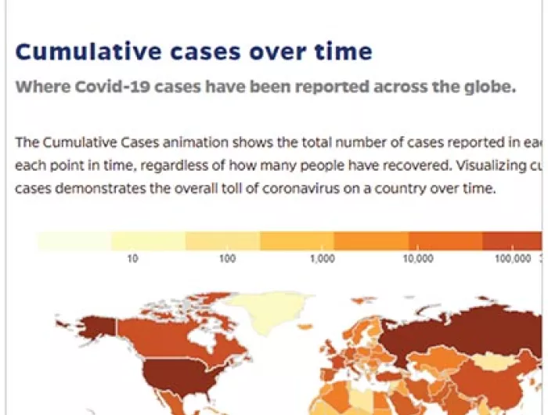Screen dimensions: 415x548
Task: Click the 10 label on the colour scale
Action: pyautogui.click(x=133, y=258)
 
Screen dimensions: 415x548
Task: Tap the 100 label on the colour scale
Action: pyautogui.click(x=227, y=258)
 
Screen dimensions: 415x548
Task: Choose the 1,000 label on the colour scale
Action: pyautogui.click(x=322, y=258)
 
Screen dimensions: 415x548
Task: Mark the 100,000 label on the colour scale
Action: pyautogui.click(x=513, y=258)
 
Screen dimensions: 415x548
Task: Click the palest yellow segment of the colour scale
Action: pyautogui.click(x=74, y=241)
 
